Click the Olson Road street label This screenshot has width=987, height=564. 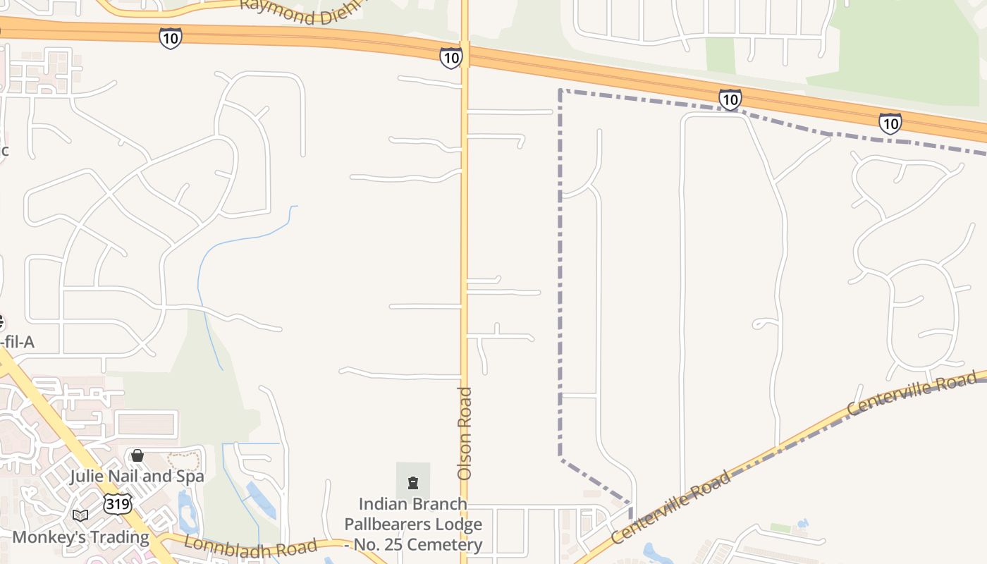point(465,434)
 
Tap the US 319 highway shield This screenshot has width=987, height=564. point(116,503)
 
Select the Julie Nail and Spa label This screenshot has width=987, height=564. point(137,477)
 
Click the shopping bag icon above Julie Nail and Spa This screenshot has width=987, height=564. point(137,455)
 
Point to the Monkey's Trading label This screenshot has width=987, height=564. point(81,537)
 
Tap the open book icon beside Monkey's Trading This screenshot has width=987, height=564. point(80,516)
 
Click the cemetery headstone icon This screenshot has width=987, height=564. point(413,483)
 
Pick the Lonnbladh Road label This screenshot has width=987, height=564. point(250,547)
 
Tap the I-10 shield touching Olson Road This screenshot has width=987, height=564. point(450,58)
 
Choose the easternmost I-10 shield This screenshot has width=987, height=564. point(890,124)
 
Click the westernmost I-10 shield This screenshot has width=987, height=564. point(170,38)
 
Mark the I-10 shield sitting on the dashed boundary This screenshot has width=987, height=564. point(730,99)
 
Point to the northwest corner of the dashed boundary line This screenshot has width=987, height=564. point(560,90)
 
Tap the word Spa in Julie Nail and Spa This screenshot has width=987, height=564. point(190,477)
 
